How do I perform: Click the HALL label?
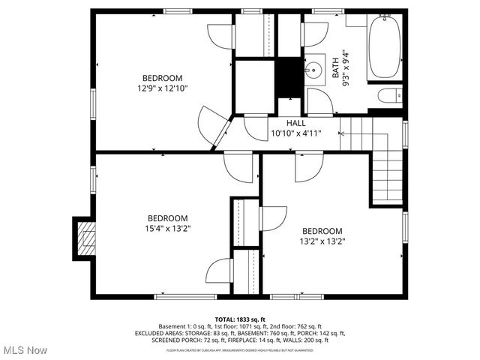pos(296,123)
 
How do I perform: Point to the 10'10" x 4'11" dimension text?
pos(296,133)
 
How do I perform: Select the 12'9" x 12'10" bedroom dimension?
pos(162,88)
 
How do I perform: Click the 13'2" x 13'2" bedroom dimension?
pos(322,241)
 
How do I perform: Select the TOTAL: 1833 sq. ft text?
pos(241,319)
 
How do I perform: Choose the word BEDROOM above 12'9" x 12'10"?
pos(162,78)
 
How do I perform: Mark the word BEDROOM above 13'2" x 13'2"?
pos(322,231)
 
